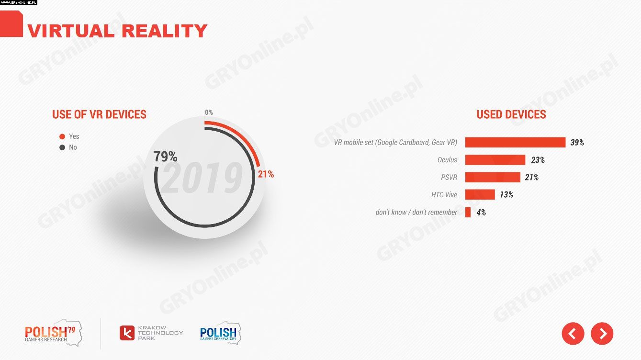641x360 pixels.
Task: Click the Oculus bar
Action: click(x=495, y=160)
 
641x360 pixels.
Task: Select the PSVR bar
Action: click(x=493, y=177)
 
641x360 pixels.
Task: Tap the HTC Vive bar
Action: click(x=480, y=194)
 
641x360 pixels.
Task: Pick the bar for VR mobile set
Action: click(x=515, y=142)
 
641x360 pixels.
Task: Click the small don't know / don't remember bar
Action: click(x=468, y=212)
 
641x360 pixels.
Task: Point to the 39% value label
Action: click(x=577, y=143)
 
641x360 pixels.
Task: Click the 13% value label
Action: click(x=506, y=195)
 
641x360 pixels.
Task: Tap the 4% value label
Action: click(x=481, y=212)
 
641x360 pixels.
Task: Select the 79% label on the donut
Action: click(x=165, y=157)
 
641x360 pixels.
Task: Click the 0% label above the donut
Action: click(x=209, y=112)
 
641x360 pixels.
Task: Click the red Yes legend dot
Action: click(x=62, y=136)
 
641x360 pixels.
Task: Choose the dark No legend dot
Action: click(x=62, y=147)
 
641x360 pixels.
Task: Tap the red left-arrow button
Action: click(x=573, y=333)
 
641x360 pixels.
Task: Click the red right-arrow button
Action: click(x=602, y=333)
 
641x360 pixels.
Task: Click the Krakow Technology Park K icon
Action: click(x=127, y=333)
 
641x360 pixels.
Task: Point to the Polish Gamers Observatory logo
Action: click(x=220, y=333)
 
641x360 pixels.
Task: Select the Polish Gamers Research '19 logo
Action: click(x=53, y=333)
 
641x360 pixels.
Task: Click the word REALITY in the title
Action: click(x=164, y=31)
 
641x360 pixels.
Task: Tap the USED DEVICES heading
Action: click(x=511, y=114)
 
